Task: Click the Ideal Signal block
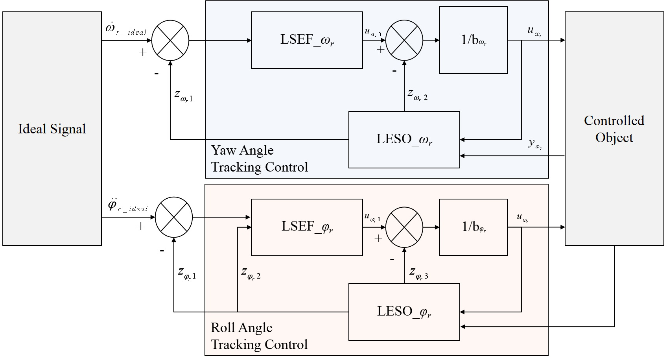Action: coord(52,129)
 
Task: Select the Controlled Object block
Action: coord(614,129)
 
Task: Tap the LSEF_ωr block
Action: coord(307,40)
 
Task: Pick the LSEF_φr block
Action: coord(307,227)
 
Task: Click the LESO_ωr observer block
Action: coord(404,140)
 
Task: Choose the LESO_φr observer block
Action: coord(404,312)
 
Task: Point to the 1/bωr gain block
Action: coord(473,40)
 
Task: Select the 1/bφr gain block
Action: coord(473,227)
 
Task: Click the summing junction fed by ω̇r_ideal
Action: coord(170,40)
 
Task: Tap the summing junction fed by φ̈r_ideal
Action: coord(174,217)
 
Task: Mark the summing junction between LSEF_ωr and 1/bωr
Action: coord(404,40)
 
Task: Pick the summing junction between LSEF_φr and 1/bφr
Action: coord(404,227)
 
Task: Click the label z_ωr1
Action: coord(183,96)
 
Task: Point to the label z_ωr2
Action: coord(417,94)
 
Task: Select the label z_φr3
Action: coord(418,273)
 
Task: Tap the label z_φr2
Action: coord(251,273)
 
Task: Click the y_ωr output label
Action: coord(535,144)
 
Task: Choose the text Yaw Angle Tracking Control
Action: coord(260,159)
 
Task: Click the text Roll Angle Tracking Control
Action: coord(259,336)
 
